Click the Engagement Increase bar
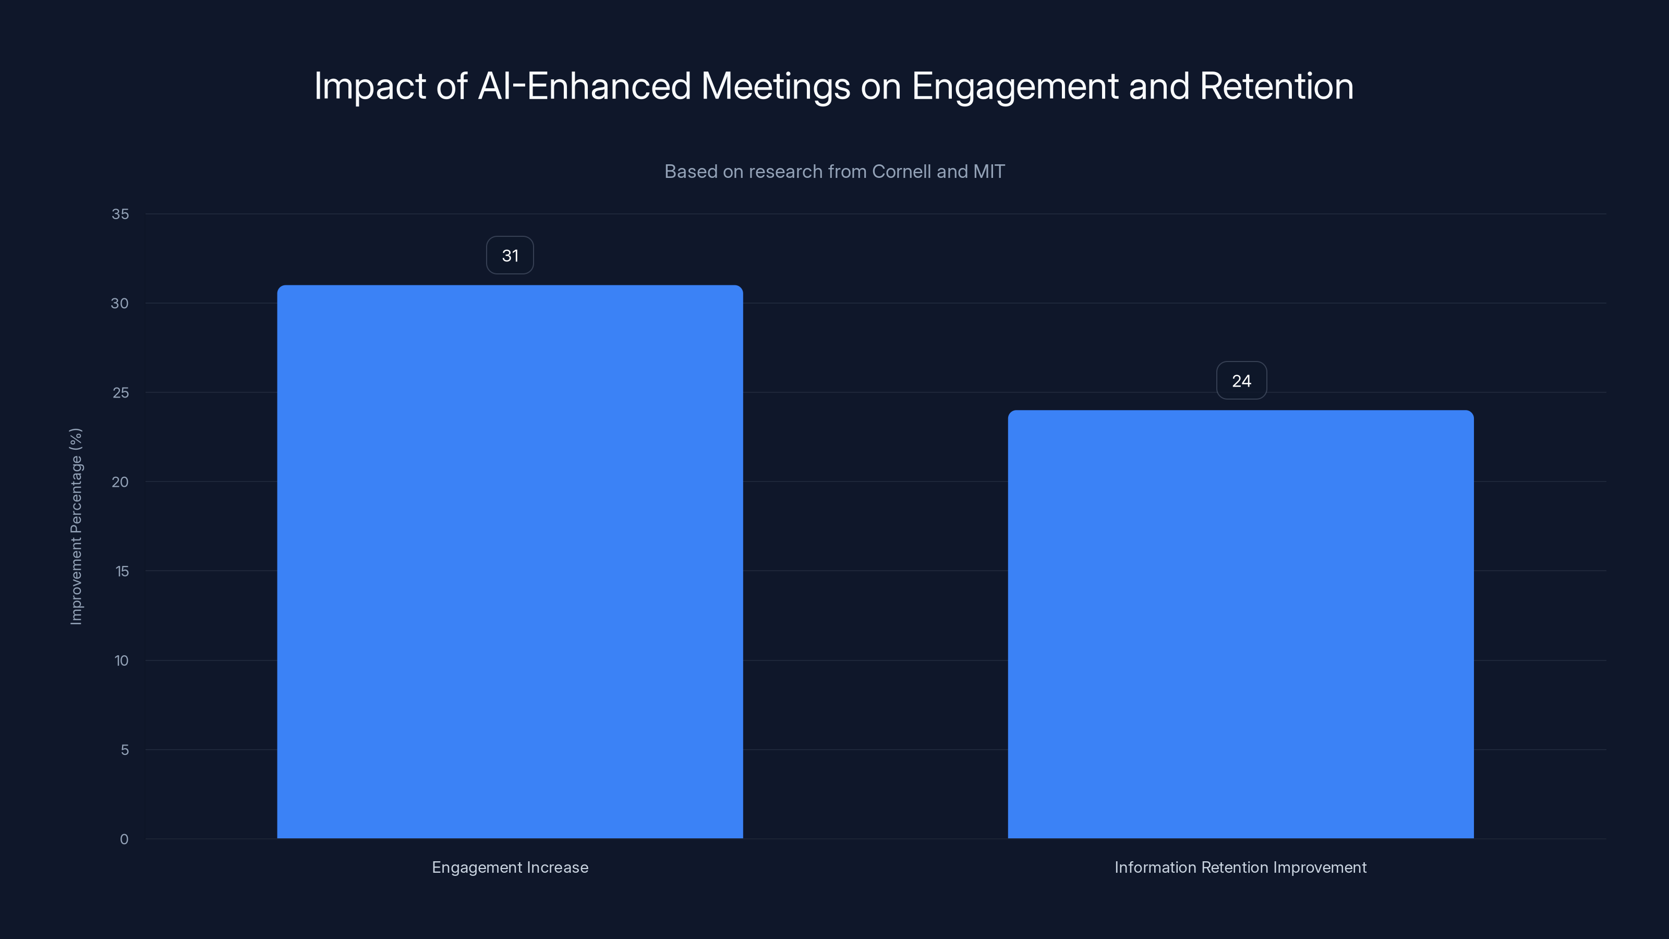[510, 561]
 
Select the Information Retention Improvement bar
[1240, 624]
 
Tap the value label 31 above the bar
[510, 255]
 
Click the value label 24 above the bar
[1241, 380]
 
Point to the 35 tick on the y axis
[120, 214]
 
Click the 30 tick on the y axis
[120, 303]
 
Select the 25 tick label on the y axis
[120, 393]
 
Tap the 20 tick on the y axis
[120, 481]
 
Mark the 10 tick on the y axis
[121, 660]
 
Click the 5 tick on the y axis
[125, 750]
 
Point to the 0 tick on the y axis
[125, 839]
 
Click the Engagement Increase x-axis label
[510, 867]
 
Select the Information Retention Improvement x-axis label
[1240, 867]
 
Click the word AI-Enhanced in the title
[584, 86]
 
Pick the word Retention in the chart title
[1276, 86]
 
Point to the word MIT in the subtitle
[989, 172]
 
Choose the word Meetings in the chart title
[776, 86]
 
